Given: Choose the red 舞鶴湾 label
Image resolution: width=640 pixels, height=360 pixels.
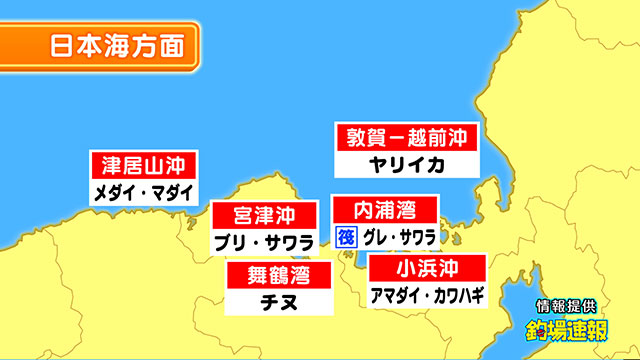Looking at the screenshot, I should pos(264,273).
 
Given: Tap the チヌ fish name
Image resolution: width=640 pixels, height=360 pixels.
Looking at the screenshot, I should pos(264,300).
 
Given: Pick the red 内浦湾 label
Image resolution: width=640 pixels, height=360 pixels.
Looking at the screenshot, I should pos(386,210).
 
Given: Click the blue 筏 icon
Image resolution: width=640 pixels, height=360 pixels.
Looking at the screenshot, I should pos(346,238).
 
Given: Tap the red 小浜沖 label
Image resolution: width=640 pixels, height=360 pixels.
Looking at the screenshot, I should pos(427,268).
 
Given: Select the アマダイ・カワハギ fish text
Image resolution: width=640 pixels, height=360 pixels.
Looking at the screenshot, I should pos(427,295).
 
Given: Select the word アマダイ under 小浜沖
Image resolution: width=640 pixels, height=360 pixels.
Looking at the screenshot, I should pos(393,295).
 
